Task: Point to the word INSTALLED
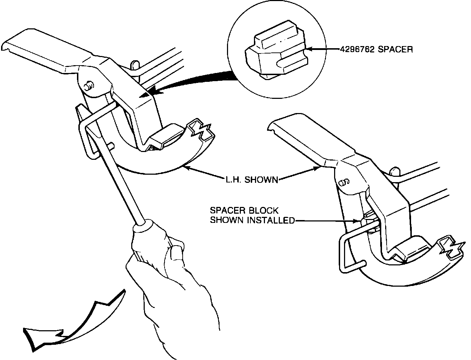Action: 271,220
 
